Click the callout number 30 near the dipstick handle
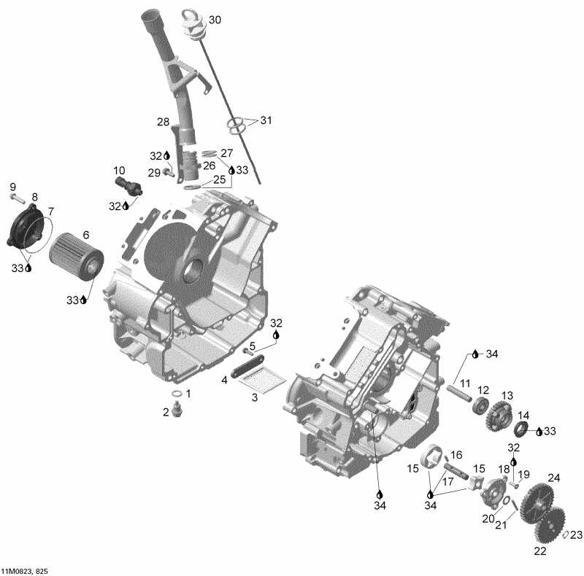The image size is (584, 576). tap(215, 20)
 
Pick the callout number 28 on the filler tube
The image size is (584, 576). tap(163, 121)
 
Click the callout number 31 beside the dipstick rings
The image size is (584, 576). tap(265, 120)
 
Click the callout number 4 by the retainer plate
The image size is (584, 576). tap(225, 379)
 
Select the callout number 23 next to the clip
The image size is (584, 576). tap(576, 534)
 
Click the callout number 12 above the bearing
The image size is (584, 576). tap(483, 390)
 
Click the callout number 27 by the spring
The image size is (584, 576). tap(226, 153)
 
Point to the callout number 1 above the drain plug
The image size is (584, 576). tap(188, 393)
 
